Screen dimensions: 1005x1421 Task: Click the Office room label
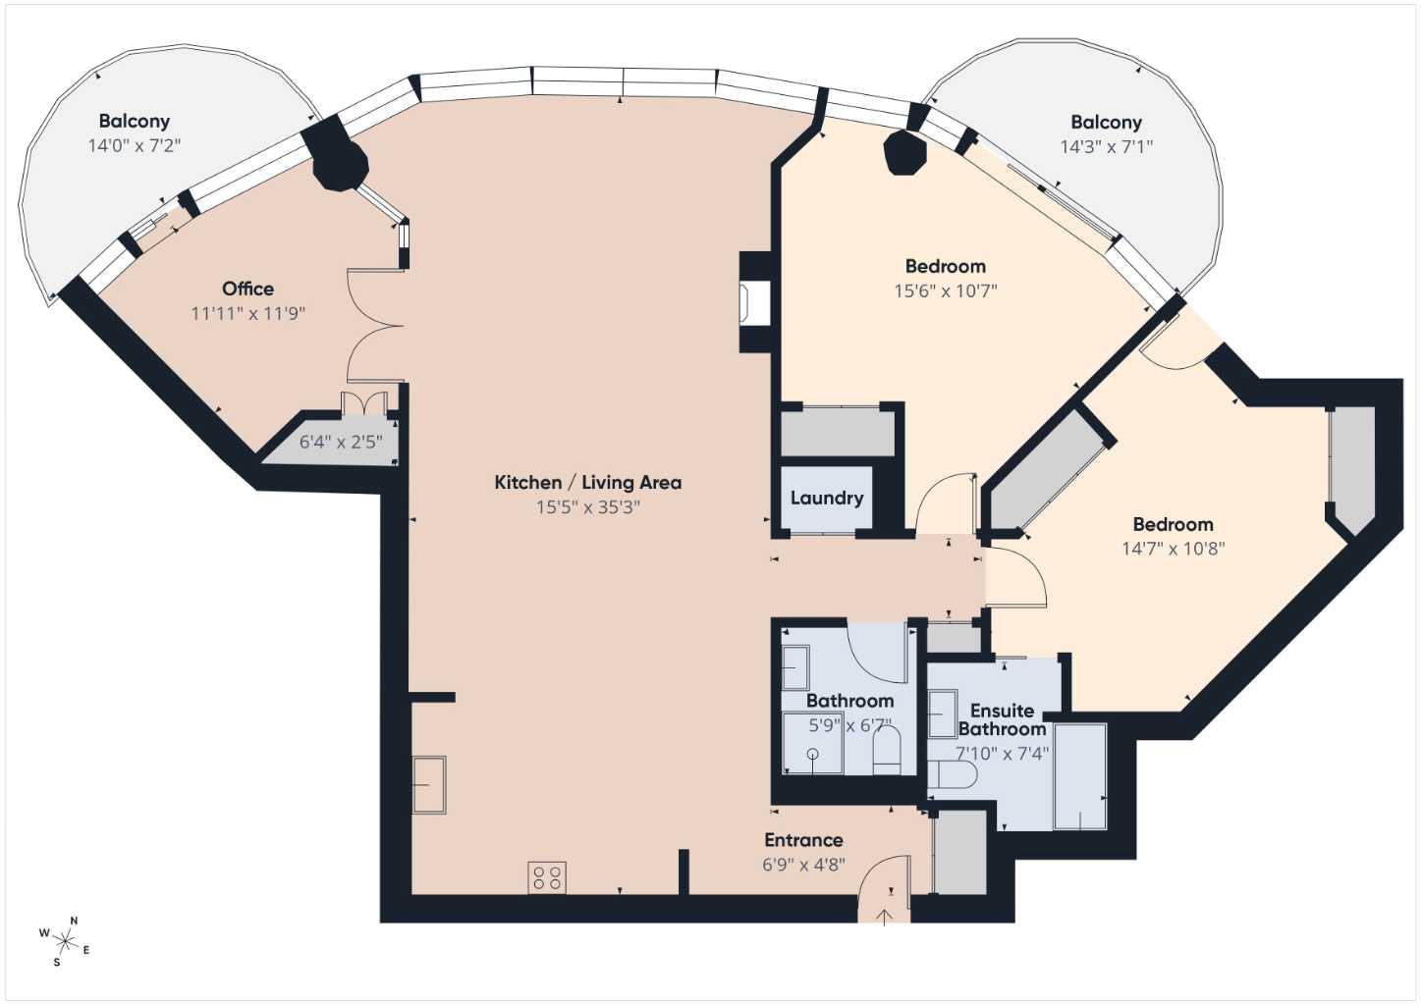coord(247,289)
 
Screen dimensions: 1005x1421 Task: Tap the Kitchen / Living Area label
coord(587,482)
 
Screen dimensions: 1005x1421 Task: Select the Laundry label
coord(827,498)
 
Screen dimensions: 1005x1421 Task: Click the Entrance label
coord(803,840)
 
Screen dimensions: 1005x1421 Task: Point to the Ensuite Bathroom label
coord(1002,719)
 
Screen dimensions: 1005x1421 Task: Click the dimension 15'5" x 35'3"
coord(587,507)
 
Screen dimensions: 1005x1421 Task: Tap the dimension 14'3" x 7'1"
coord(1106,147)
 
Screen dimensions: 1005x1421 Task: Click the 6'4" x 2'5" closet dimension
coord(340,443)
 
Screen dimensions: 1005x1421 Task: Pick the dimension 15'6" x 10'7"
coord(945,291)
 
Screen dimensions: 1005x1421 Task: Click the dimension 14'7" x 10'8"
coord(1173,549)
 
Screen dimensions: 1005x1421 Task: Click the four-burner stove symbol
coord(547,877)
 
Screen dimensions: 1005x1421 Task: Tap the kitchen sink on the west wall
coord(429,784)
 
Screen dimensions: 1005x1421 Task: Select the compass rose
coord(65,942)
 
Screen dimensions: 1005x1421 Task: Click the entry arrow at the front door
coord(884,917)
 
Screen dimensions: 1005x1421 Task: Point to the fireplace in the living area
coord(755,303)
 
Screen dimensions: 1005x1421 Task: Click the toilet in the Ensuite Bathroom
coord(952,776)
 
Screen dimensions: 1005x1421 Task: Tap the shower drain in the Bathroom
coord(813,754)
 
